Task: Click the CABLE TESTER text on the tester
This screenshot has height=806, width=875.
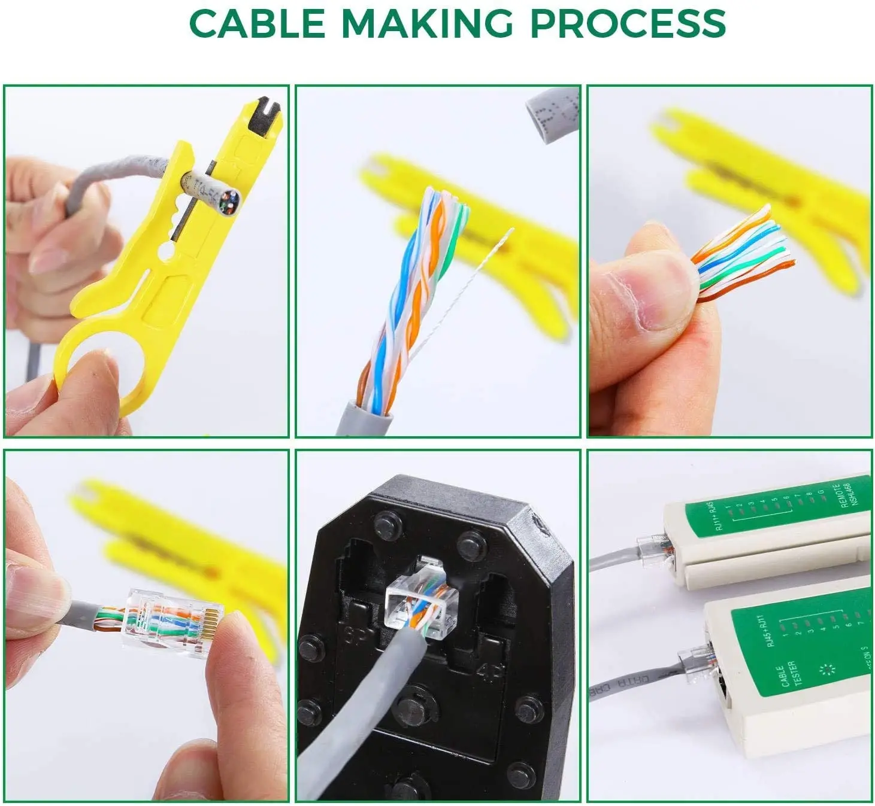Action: point(784,673)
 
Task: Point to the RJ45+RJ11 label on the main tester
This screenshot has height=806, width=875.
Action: point(767,631)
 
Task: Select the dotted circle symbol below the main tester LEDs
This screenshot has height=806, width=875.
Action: point(829,670)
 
